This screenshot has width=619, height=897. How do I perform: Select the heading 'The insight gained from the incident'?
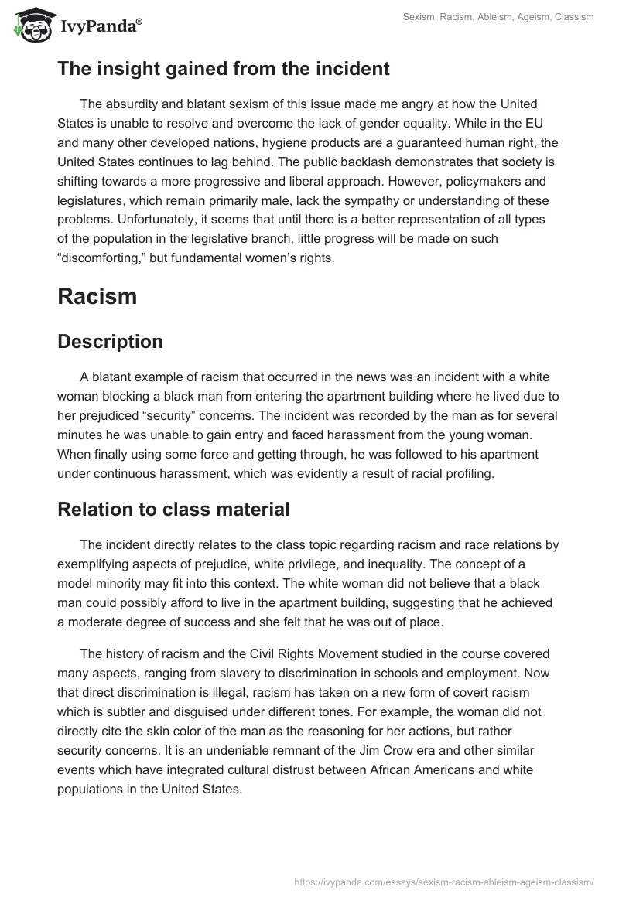tap(223, 69)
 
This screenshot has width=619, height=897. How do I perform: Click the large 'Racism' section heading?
tap(97, 297)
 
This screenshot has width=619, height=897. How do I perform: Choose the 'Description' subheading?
tap(110, 342)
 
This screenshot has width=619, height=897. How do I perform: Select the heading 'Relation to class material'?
tap(173, 510)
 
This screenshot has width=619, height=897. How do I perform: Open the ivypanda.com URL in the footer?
tap(444, 881)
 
